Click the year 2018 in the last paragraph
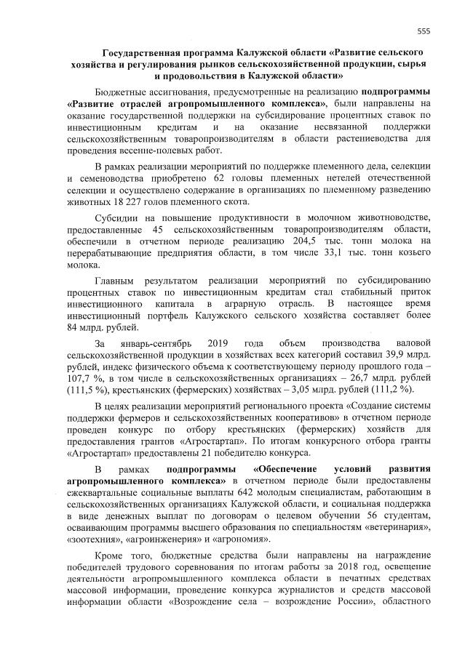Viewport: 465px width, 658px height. (x=303, y=569)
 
